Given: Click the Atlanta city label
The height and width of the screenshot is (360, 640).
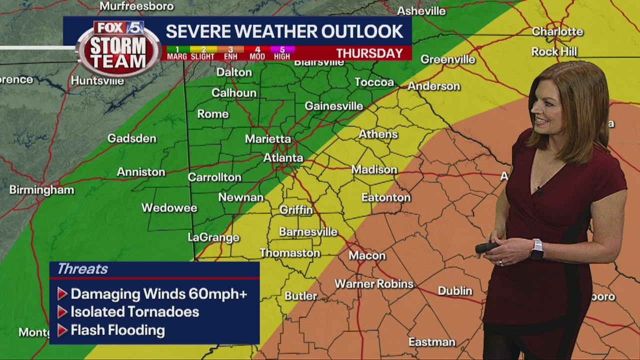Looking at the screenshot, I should (283, 158).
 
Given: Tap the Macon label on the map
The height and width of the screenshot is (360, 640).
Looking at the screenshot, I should (367, 255).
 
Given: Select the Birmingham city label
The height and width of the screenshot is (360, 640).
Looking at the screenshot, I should (41, 190).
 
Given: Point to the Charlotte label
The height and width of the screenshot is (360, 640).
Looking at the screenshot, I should (557, 31).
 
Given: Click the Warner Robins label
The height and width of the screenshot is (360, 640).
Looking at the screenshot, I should (374, 284).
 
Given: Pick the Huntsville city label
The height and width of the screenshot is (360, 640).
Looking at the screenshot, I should (97, 80).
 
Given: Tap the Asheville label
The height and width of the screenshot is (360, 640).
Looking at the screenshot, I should (421, 11).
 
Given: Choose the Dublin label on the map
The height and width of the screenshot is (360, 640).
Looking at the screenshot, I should (454, 290).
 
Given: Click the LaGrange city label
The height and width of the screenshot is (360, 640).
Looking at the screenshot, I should (213, 237).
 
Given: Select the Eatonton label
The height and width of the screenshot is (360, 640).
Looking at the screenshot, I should (386, 197).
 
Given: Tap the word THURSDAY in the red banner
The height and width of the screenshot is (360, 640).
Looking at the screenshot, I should (369, 53).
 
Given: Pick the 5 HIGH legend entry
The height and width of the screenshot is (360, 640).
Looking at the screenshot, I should (282, 53).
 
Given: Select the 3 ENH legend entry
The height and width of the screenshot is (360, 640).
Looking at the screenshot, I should (230, 53).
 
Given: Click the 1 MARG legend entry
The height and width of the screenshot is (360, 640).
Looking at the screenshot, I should (177, 53).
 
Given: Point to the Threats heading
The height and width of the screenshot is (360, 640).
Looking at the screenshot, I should (82, 269).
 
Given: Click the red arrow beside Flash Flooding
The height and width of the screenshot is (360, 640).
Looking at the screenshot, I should (62, 330).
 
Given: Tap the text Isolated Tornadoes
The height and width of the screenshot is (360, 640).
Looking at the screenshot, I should (134, 312).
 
